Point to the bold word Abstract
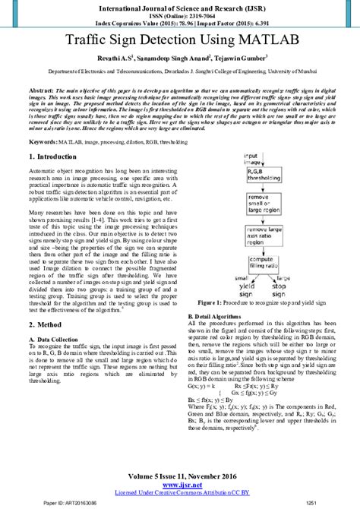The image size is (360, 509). (x=43, y=90)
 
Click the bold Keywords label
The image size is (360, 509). (x=44, y=141)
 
